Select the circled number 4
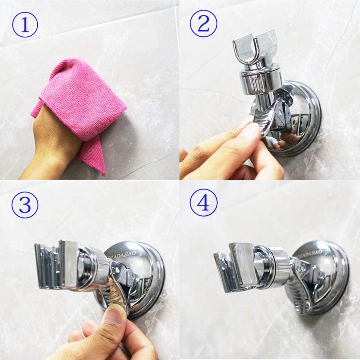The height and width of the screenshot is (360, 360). (203, 205)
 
